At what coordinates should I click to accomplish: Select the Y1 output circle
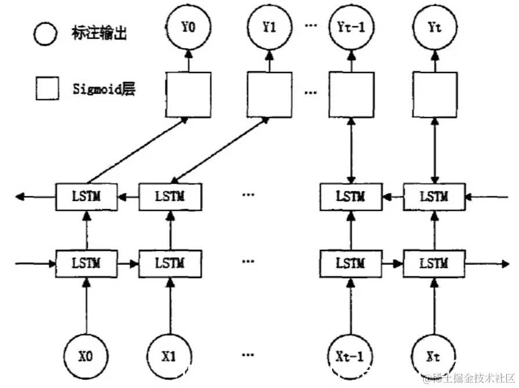(269, 27)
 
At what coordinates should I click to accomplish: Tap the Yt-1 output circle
(351, 27)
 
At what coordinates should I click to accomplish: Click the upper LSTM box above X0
(86, 197)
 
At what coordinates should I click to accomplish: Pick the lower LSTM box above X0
(86, 264)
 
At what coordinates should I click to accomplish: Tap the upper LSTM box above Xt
(434, 197)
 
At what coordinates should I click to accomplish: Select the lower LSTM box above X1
(170, 264)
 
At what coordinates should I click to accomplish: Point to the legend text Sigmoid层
(104, 89)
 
